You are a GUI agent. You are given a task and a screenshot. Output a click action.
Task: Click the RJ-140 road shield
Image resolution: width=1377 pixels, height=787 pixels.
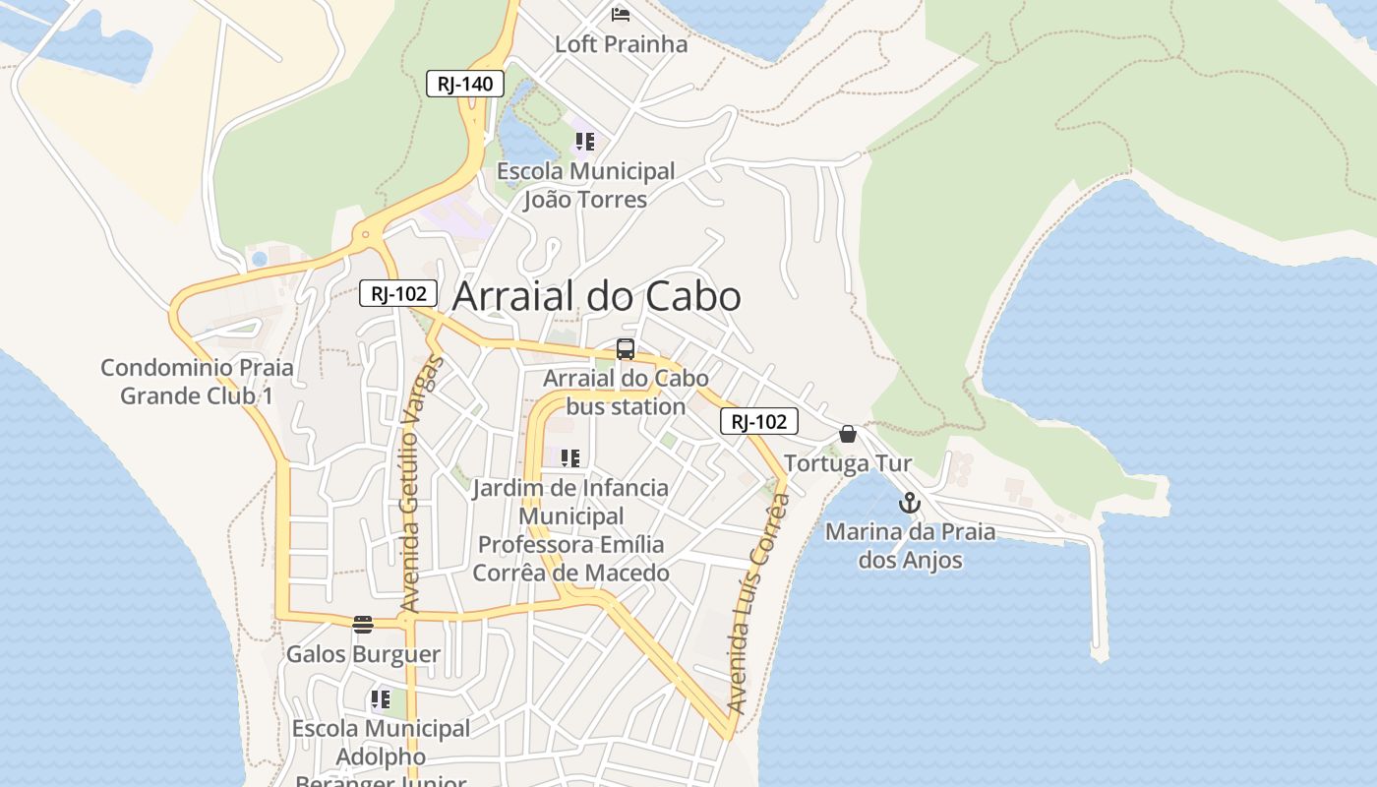[465, 84]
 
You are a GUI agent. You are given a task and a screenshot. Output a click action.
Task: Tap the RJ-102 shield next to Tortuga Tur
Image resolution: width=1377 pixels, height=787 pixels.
[759, 422]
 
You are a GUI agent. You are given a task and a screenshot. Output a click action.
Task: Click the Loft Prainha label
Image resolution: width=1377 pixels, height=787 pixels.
[621, 44]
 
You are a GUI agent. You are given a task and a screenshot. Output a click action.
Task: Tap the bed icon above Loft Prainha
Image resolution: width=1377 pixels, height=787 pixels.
[621, 14]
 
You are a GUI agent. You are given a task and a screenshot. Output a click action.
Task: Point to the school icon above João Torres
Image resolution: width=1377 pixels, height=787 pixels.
[585, 142]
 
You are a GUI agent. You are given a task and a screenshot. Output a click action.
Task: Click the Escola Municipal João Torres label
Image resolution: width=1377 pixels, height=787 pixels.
[585, 185]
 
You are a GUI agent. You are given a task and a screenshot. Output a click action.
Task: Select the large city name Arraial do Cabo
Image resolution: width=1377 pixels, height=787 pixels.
[596, 296]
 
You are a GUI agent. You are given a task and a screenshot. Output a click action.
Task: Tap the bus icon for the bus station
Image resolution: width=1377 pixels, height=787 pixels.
[626, 349]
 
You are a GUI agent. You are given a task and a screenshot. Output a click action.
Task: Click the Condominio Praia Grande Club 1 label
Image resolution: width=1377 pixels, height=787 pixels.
[197, 382]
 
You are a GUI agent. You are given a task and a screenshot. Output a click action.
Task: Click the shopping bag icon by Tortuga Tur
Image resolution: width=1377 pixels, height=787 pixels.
[848, 434]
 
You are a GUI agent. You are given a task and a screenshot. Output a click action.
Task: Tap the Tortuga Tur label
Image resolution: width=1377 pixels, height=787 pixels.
[848, 463]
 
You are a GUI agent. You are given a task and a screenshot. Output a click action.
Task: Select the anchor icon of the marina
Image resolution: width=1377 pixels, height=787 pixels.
[910, 504]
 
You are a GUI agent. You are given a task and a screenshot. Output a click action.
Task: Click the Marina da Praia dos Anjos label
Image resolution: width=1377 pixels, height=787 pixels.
[910, 546]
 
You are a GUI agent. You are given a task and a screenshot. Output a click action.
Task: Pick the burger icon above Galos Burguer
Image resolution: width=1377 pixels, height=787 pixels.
[363, 624]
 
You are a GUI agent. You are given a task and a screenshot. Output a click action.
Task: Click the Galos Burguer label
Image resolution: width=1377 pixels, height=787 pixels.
[363, 654]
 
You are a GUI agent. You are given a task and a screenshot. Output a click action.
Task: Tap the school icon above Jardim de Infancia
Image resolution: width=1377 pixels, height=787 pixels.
[569, 457]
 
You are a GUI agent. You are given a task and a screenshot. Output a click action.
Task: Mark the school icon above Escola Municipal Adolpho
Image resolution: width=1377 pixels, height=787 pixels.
[381, 699]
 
